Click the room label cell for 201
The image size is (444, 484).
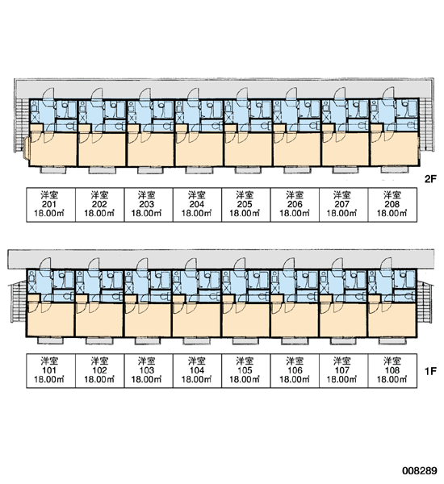tap(51, 205)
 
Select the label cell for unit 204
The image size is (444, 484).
tap(197, 205)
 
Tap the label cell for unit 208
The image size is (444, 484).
tap(392, 205)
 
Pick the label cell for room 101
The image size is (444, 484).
tap(51, 371)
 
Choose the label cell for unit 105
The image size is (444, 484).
tap(246, 371)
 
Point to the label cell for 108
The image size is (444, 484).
tap(392, 371)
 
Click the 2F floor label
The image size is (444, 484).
tap(430, 179)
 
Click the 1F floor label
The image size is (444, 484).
tap(430, 371)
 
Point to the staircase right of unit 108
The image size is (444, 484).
tap(425, 302)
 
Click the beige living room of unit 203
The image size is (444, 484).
tap(150, 150)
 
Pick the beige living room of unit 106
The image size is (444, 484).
tap(295, 320)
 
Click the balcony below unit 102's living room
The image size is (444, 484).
tap(99, 340)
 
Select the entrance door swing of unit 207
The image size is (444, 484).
tap(340, 94)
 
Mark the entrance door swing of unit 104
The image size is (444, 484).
tap(191, 265)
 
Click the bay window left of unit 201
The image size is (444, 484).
tap(27, 148)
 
